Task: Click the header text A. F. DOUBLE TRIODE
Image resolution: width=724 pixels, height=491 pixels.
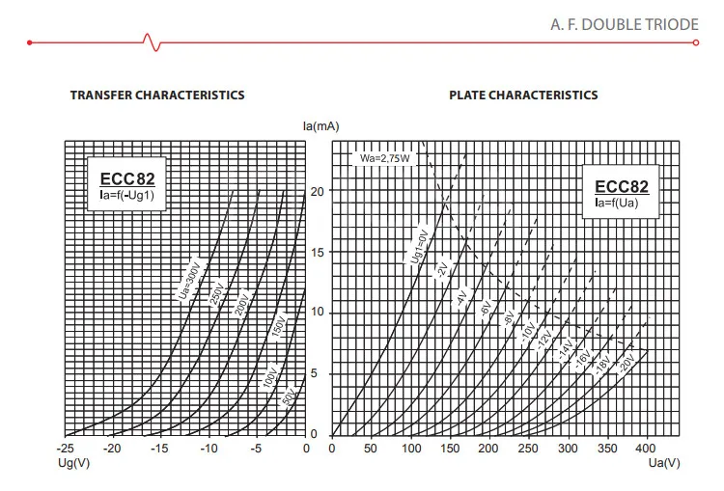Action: click(625, 24)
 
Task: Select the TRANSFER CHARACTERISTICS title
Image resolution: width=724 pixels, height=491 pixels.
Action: click(157, 95)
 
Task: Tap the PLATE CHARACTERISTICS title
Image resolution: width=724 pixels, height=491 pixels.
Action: click(523, 95)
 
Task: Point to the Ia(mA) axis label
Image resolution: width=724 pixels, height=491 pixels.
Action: click(320, 126)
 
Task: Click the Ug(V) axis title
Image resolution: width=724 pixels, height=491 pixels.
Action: click(74, 463)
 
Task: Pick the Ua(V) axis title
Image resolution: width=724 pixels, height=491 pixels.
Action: click(664, 463)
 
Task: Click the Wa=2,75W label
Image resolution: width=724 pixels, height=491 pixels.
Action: click(384, 158)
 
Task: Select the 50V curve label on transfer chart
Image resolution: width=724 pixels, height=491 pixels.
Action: click(288, 396)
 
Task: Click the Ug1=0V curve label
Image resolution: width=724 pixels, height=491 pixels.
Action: click(420, 247)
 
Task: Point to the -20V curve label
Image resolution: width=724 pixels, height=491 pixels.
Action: click(627, 363)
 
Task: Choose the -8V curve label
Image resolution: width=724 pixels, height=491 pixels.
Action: click(509, 317)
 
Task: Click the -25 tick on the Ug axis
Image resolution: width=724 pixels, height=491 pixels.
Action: click(65, 449)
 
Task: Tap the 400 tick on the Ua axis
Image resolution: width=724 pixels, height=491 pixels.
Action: click(645, 449)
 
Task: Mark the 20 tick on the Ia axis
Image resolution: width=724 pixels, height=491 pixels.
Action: click(318, 191)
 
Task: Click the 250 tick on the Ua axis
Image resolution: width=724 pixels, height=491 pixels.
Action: click(528, 449)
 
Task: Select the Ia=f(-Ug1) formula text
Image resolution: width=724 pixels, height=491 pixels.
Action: click(127, 195)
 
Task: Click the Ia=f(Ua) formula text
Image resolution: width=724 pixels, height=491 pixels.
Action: click(617, 203)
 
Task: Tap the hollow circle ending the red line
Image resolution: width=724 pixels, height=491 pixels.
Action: click(696, 42)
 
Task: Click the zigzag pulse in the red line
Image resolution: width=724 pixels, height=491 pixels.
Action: click(153, 42)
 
